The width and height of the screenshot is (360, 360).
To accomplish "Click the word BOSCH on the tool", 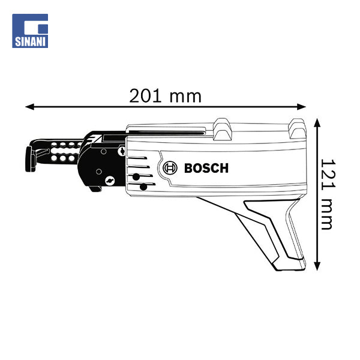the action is [206, 168].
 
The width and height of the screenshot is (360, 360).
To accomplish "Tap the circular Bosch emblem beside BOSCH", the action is [170, 168].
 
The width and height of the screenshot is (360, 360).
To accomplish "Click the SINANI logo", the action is [30, 31].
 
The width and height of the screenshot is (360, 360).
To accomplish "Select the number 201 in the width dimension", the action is [145, 96].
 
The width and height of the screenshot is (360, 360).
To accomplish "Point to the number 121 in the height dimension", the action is [328, 175].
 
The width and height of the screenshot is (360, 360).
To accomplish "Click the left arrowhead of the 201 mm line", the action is [29, 107].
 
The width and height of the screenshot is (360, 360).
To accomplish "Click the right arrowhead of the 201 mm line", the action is [301, 107].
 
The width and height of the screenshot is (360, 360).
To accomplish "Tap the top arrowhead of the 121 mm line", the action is [317, 123].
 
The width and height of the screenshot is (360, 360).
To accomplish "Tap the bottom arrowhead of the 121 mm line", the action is [317, 266].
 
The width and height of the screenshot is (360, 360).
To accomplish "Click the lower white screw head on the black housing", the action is [110, 181].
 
